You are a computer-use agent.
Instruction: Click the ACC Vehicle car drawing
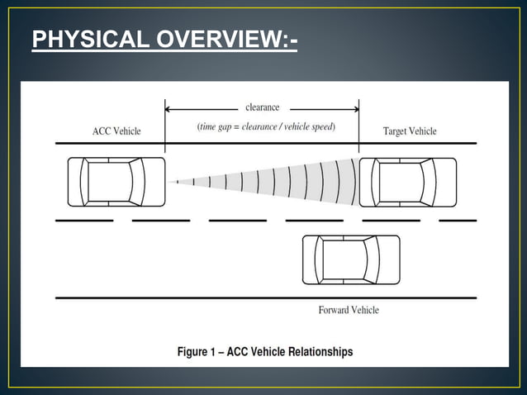coord(116,182)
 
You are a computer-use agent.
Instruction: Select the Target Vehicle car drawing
coord(407,182)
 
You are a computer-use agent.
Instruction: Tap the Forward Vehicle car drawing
coord(351,259)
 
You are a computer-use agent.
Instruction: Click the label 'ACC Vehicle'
coord(116,131)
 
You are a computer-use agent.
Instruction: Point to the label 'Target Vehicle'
coord(410,131)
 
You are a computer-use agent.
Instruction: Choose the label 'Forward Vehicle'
coord(349,310)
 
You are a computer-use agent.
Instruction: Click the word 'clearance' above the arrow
coord(263,107)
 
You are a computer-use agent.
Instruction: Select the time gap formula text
coord(265,127)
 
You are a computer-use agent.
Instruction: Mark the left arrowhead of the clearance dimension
coord(169,108)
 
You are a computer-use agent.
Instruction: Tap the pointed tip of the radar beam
coord(169,182)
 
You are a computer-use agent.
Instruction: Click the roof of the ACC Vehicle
coord(109,182)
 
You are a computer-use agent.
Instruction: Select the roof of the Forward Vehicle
coord(344,259)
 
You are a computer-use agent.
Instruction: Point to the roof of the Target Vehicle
coord(401,182)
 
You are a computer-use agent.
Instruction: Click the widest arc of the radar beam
coord(355,182)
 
